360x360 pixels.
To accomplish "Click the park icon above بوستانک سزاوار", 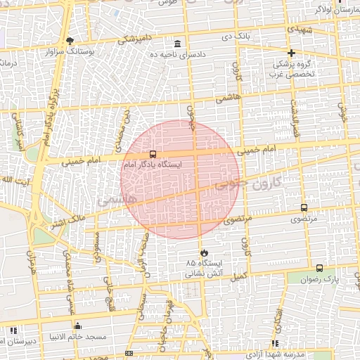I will point(70,40).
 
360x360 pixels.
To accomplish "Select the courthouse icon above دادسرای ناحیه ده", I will point(178,44).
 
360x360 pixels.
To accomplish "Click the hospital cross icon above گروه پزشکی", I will point(291,53).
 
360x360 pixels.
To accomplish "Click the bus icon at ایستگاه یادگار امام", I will point(153,153).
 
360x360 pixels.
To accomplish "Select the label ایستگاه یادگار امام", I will point(152,164).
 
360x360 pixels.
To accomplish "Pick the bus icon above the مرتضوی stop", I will point(304,208).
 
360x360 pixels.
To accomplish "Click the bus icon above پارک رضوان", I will point(320,268).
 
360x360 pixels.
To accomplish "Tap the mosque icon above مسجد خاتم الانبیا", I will point(77,326).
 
